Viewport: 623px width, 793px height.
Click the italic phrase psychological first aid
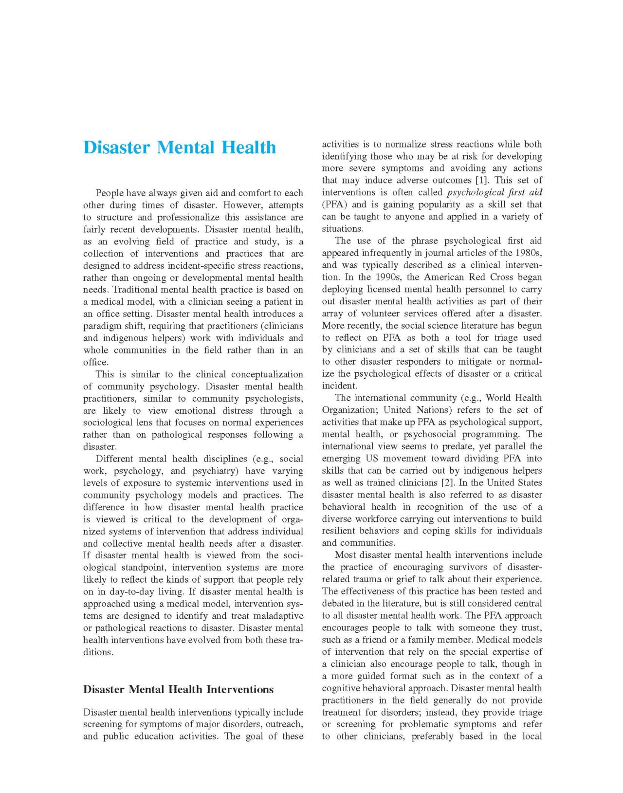tap(494, 192)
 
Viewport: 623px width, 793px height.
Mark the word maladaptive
tap(275, 616)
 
